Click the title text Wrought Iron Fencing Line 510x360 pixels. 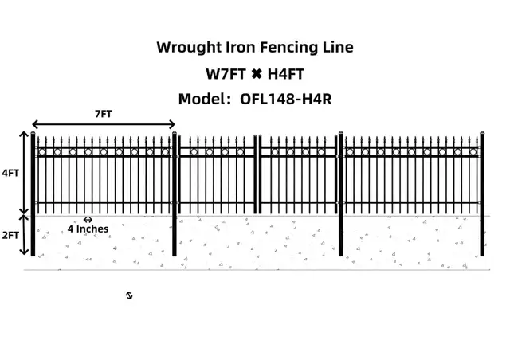tap(254, 47)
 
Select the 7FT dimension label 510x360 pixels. tap(103, 114)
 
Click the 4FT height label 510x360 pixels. tap(11, 172)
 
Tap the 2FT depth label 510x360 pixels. tap(11, 236)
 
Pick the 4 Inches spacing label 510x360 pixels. tap(88, 229)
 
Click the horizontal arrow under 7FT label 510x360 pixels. tap(104, 124)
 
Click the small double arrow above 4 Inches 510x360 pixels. tap(88, 220)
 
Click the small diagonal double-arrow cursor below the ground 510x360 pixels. tap(129, 295)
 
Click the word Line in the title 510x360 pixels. tap(338, 47)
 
